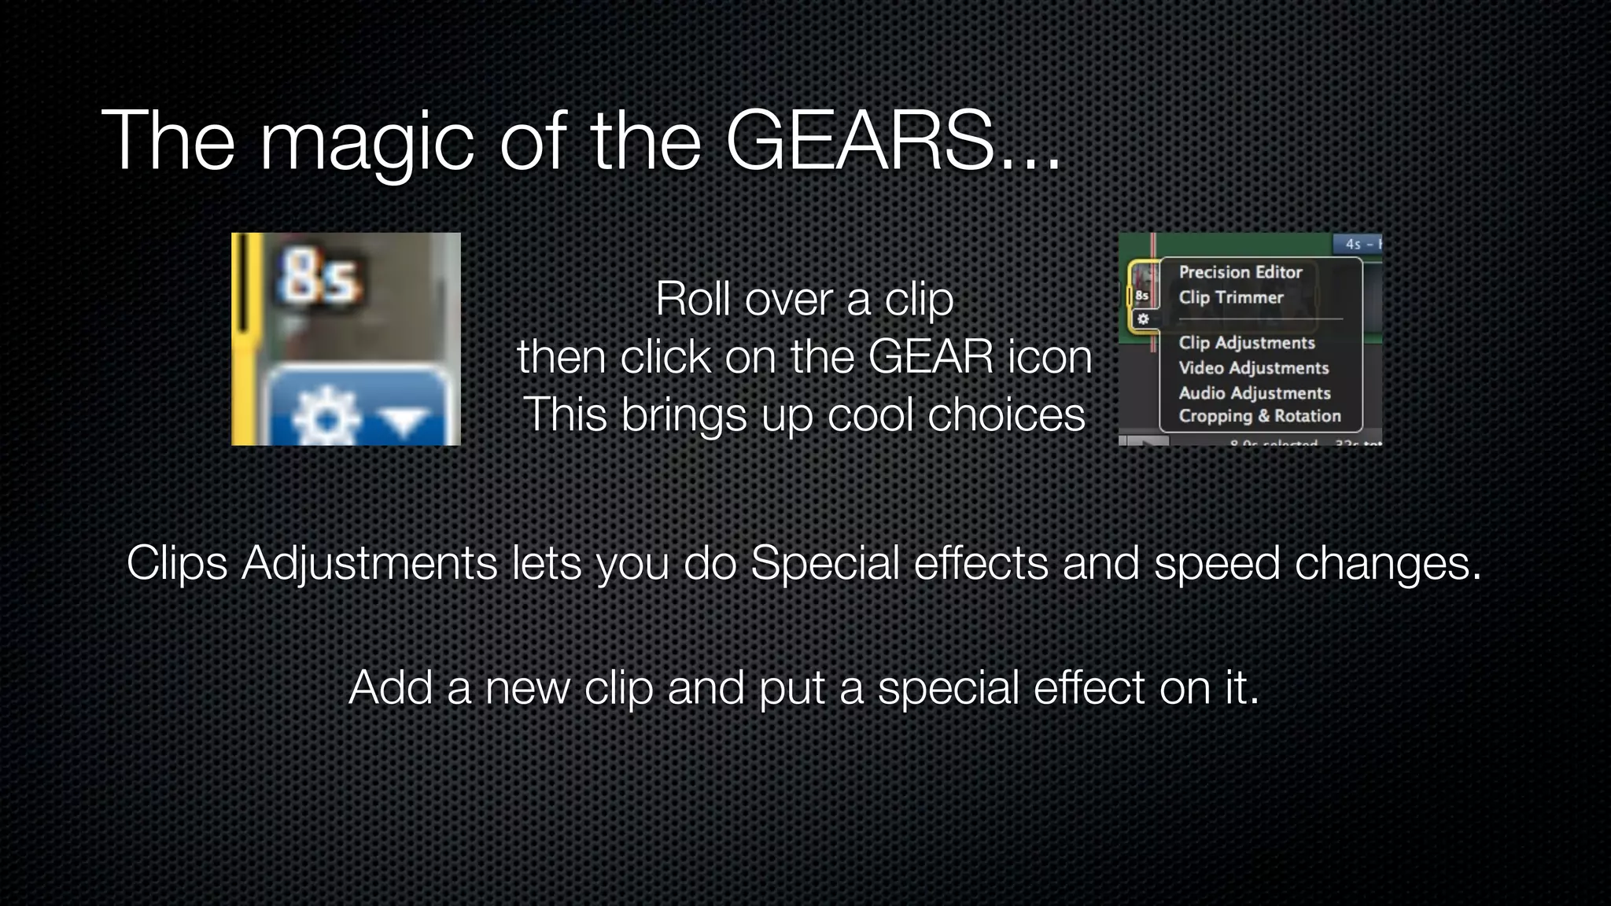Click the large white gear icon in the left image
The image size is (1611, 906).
[x=325, y=418]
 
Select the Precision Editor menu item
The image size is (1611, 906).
[x=1240, y=272]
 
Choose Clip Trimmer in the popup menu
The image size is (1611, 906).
[x=1230, y=297]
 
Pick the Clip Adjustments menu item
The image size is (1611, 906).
[x=1246, y=343]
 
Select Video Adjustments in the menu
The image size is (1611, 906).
[x=1253, y=368]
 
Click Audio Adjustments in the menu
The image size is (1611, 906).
[x=1254, y=392]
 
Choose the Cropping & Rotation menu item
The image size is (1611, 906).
[x=1259, y=416]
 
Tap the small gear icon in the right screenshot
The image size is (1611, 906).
[x=1143, y=319]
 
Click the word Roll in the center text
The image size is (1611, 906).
[x=691, y=300]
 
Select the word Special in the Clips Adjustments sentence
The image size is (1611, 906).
[x=824, y=563]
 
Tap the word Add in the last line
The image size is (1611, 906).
[x=390, y=687]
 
